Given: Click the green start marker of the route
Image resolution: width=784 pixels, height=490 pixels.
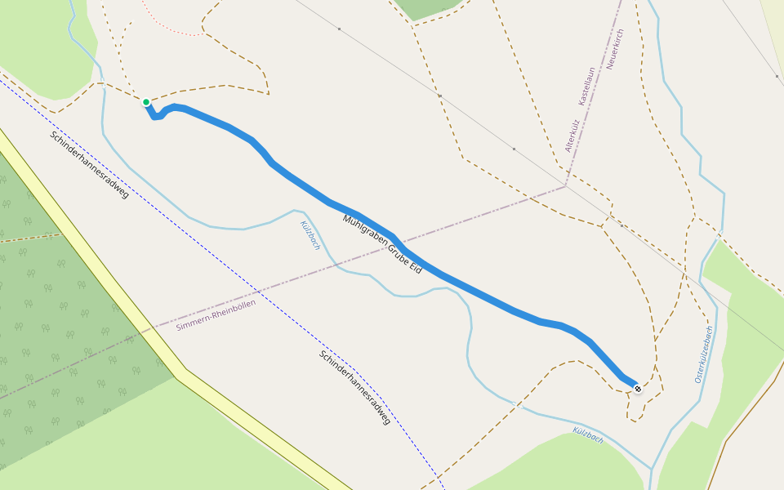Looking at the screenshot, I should pyautogui.click(x=146, y=102).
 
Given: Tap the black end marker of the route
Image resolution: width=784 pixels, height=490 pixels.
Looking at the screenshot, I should pyautogui.click(x=638, y=389).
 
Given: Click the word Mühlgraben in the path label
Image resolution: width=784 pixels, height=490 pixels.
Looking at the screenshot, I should pyautogui.click(x=364, y=232).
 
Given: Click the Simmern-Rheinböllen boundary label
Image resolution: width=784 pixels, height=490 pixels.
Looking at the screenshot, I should pyautogui.click(x=216, y=314).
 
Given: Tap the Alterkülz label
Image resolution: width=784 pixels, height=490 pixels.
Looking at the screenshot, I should pyautogui.click(x=572, y=136).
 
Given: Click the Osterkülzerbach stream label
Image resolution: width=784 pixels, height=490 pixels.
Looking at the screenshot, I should pyautogui.click(x=704, y=354).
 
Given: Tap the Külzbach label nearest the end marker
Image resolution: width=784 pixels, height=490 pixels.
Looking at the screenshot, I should pyautogui.click(x=588, y=434).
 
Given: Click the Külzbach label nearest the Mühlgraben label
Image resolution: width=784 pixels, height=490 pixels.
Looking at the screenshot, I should pyautogui.click(x=310, y=235).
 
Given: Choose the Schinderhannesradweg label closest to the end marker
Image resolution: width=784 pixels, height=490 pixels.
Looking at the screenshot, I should pyautogui.click(x=355, y=387).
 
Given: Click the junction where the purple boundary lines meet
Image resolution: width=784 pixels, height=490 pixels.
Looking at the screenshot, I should pyautogui.click(x=566, y=186).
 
